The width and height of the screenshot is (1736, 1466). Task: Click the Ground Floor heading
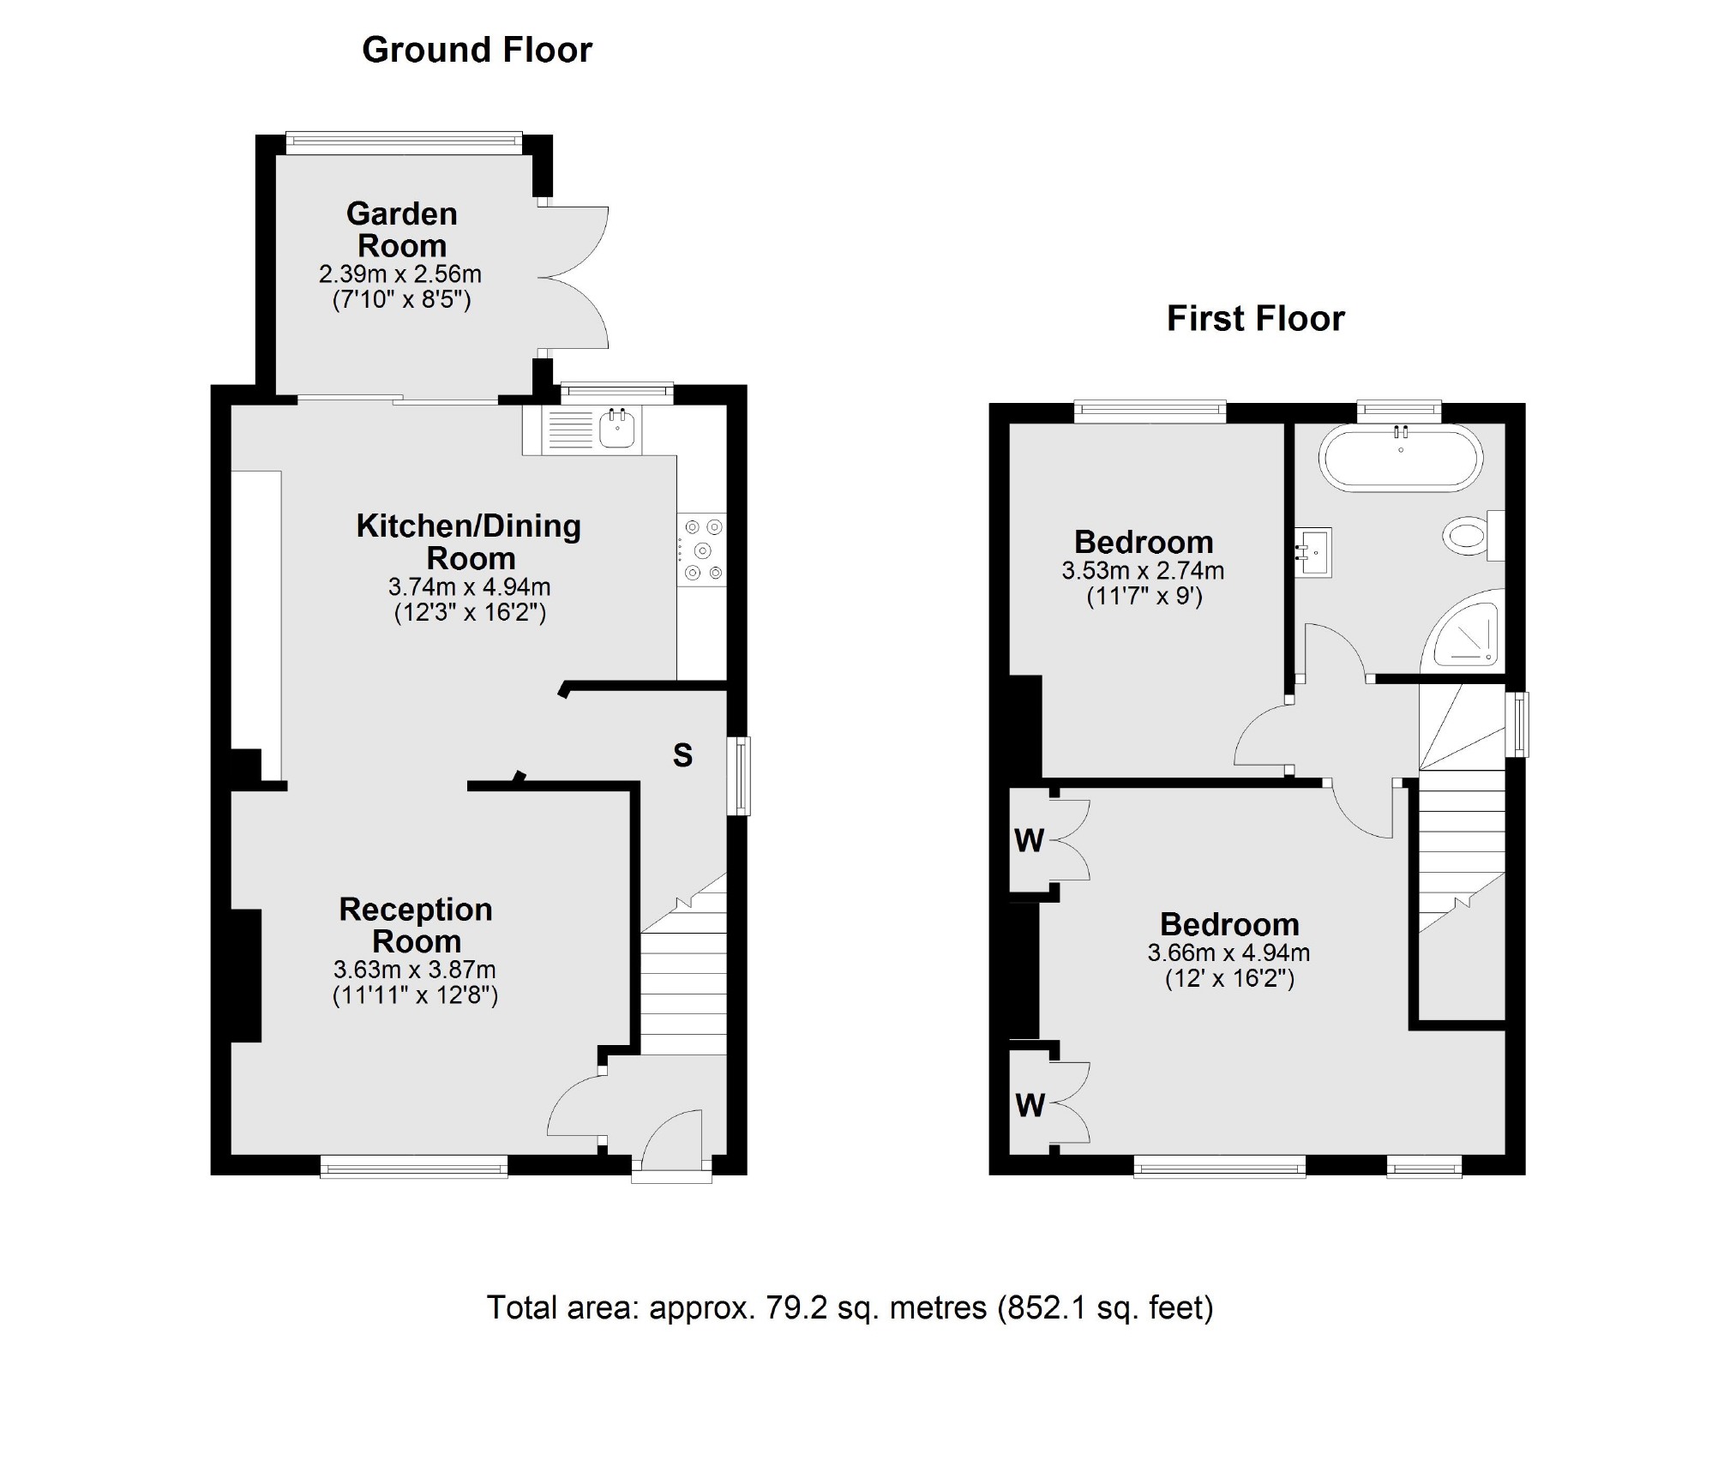tap(477, 50)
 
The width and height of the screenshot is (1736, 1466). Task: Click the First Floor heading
tap(1255, 319)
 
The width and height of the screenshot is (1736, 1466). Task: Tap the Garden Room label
tap(401, 230)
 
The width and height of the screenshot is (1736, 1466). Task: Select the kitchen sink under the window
tap(617, 428)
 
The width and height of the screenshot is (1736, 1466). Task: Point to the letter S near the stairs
tap(682, 755)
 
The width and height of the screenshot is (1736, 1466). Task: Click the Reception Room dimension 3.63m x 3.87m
tap(415, 970)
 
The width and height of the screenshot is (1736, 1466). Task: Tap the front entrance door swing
tap(673, 1138)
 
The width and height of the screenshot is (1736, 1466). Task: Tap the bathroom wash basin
tap(1312, 552)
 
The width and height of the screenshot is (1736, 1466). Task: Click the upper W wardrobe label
tap(1029, 841)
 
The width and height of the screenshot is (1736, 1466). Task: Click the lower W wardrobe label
tap(1030, 1106)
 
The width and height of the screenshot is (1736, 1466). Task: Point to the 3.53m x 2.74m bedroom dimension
tap(1143, 571)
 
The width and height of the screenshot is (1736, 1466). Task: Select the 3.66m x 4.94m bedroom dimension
tap(1228, 952)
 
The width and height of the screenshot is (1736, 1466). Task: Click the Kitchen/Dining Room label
tap(469, 542)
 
